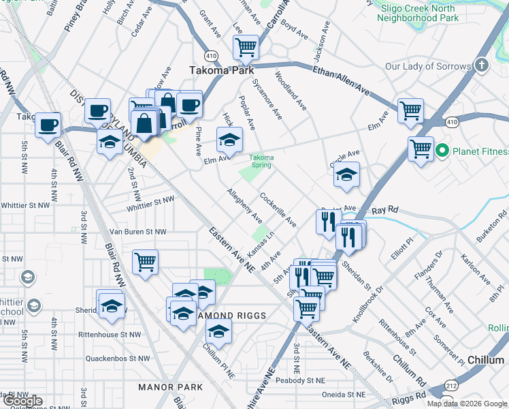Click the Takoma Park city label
pos(221,70)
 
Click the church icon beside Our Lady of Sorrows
pos(482,66)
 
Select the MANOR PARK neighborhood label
pos(171,387)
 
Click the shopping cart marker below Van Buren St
pos(146,261)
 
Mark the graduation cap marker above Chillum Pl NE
pos(218,331)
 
